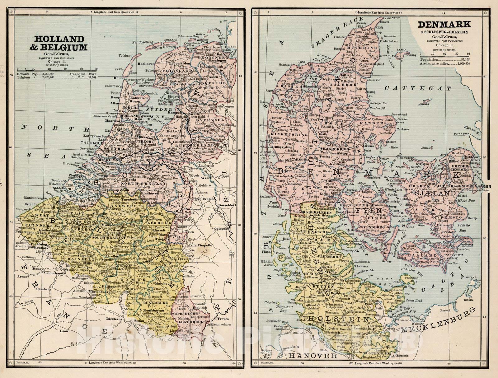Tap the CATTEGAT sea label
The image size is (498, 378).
click(417, 88)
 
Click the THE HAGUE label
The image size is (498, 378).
click(92, 142)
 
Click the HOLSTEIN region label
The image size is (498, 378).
click(340, 320)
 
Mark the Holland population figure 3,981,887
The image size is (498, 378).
click(46, 74)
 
